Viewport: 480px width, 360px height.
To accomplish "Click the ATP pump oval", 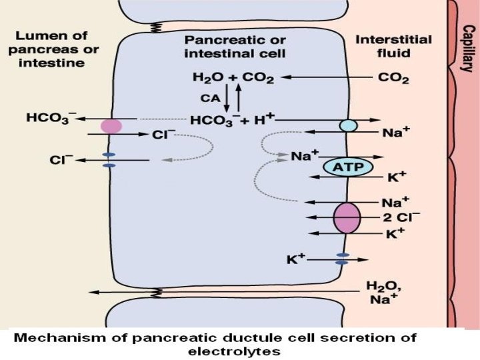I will (347, 167).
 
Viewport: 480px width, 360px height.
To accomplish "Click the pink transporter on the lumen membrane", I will (111, 126).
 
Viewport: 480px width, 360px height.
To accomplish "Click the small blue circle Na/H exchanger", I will (348, 125).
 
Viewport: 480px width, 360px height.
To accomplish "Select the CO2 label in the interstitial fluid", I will (393, 77).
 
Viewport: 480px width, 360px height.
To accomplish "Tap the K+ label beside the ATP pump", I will (396, 179).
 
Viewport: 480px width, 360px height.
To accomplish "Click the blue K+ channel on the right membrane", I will (342, 259).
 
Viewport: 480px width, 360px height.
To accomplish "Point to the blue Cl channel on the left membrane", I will (110, 160).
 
